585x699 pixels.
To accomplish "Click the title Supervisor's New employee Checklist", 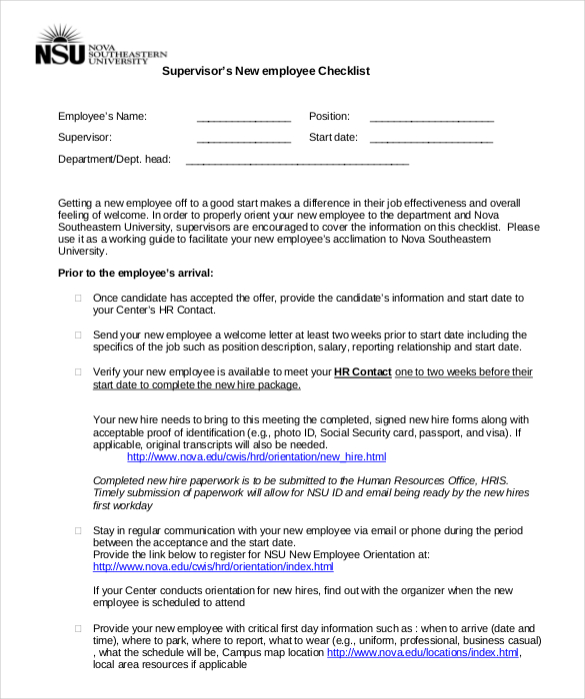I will pyautogui.click(x=266, y=71).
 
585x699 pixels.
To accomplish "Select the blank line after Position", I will pyautogui.click(x=431, y=118).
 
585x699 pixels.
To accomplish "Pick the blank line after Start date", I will pyautogui.click(x=431, y=139).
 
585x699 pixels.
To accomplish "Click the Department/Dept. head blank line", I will pyautogui.click(x=297, y=161).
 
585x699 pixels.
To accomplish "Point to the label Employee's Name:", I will pyautogui.click(x=102, y=117).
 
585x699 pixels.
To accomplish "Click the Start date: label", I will pyautogui.click(x=333, y=138).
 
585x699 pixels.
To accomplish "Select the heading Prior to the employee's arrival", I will pyautogui.click(x=135, y=273).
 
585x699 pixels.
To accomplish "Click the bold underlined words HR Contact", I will pyautogui.click(x=362, y=372).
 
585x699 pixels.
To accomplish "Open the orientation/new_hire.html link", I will pyautogui.click(x=256, y=457).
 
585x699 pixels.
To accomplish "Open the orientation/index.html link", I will pyautogui.click(x=217, y=566).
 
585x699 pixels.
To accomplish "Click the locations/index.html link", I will pyautogui.click(x=423, y=653).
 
